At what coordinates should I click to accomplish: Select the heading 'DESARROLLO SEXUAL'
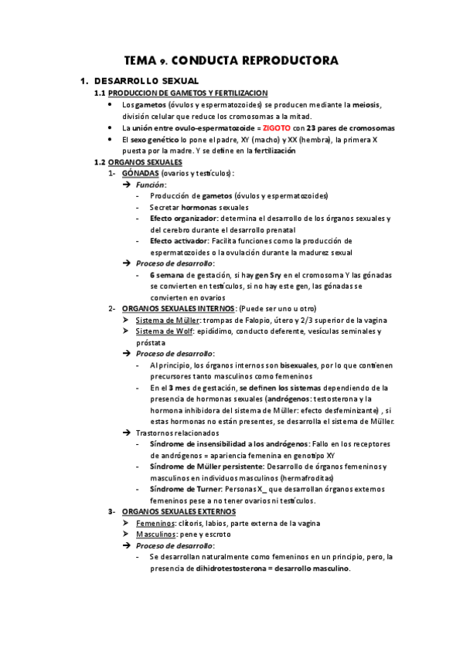tap(145, 80)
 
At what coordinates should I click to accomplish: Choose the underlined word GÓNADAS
tap(141, 174)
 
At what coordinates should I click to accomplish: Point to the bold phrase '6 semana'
tap(167, 275)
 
